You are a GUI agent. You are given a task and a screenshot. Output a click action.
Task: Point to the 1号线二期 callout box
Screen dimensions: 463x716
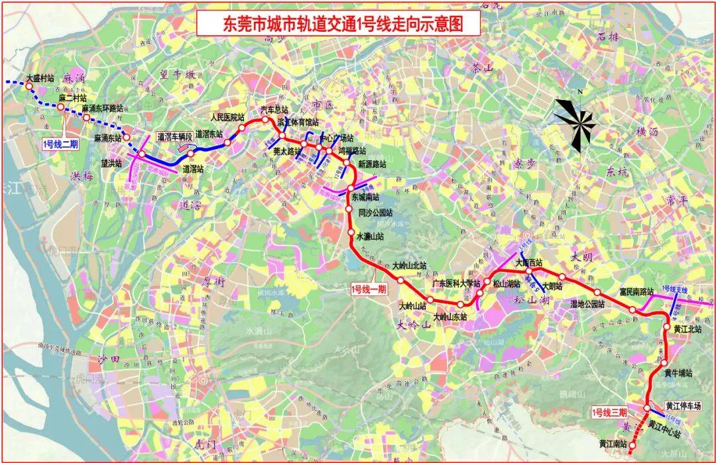(59, 142)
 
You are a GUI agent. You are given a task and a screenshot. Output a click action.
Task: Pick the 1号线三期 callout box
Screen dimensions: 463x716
(609, 412)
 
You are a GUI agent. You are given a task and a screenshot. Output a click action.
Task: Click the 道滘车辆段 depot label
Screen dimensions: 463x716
(174, 136)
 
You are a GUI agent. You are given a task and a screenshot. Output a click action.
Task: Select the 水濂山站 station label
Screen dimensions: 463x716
(371, 236)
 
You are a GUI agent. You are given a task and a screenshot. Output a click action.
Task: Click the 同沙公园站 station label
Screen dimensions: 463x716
(375, 213)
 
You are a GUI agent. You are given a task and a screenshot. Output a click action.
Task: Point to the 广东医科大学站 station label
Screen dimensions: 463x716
(455, 283)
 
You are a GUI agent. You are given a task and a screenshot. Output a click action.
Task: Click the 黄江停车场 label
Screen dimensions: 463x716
(684, 406)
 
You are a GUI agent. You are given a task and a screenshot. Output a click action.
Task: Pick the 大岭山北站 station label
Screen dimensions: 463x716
(409, 266)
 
